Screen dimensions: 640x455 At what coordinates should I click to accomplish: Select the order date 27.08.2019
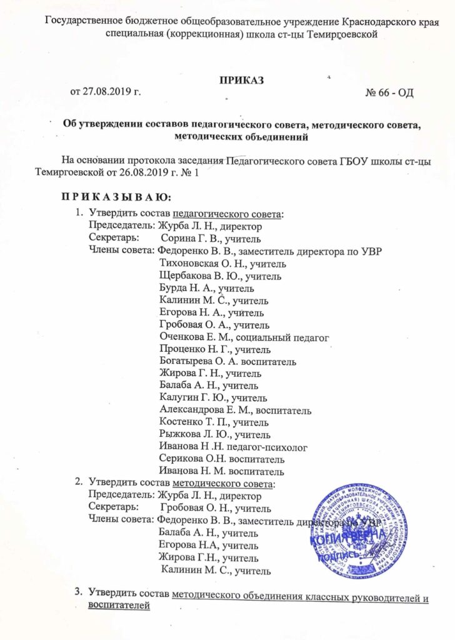[111, 92]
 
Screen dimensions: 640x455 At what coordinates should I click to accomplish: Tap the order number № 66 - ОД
[389, 92]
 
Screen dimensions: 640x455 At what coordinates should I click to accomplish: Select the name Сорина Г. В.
[187, 238]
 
